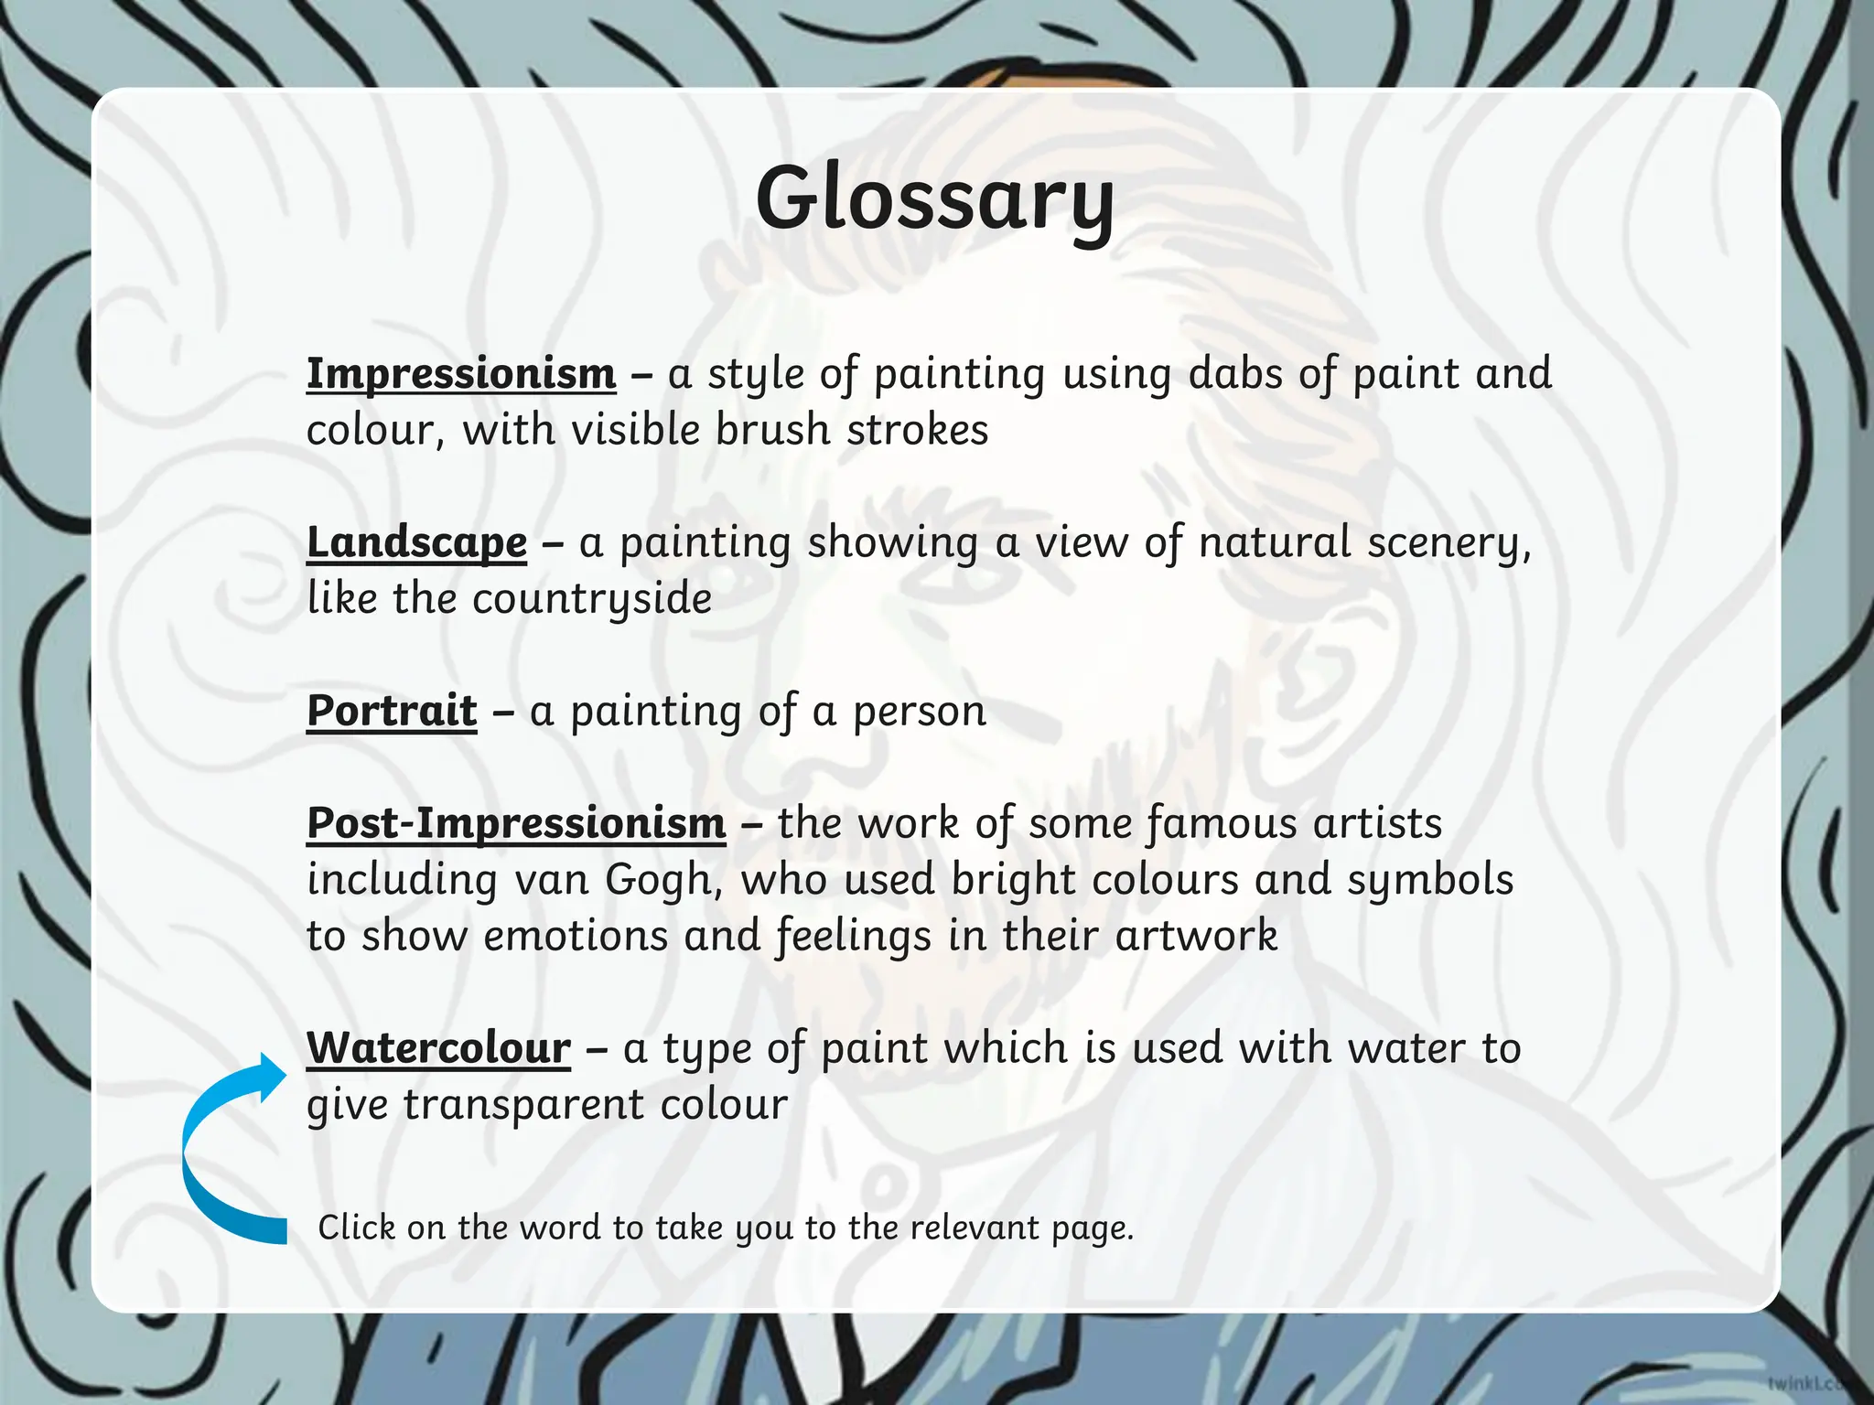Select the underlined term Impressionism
pos(461,373)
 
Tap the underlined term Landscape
pos(416,542)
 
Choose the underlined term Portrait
pos(392,711)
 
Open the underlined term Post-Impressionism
pos(516,822)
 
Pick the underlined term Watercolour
pos(438,1047)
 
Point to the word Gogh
pos(658,880)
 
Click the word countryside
pos(592,600)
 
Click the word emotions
pos(576,936)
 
